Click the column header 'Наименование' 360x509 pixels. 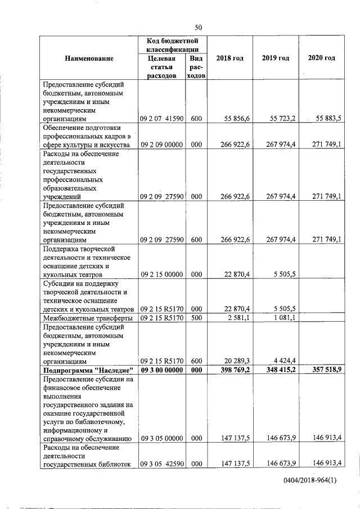click(89, 58)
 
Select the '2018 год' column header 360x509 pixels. click(229, 58)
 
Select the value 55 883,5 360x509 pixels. click(329, 119)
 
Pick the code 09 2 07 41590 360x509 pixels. click(162, 119)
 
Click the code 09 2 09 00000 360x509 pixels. click(162, 145)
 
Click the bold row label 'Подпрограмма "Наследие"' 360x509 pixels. click(88, 370)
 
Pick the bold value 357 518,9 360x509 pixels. click(327, 370)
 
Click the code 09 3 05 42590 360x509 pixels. click(162, 465)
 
